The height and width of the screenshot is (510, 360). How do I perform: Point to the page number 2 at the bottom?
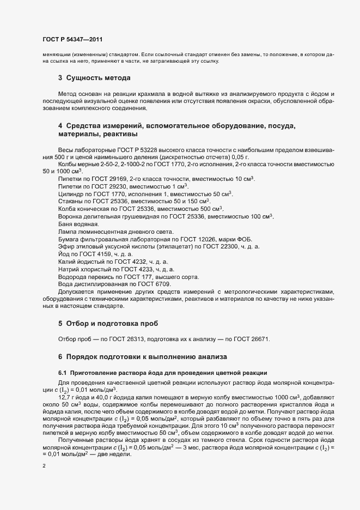point(44,466)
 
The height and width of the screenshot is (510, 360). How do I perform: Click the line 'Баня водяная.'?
point(78,224)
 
